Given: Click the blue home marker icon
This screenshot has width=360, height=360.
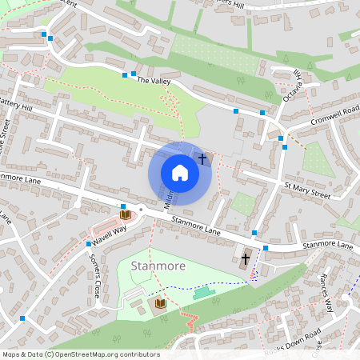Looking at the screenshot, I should [180, 173].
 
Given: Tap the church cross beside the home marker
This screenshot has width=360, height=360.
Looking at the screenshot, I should [202, 159].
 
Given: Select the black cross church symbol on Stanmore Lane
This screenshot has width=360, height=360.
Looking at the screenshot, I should [246, 258].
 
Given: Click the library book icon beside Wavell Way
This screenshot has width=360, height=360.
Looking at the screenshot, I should [125, 214].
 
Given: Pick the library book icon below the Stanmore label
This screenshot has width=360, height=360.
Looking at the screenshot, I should [160, 303].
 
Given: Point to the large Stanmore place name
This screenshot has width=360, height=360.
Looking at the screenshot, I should [158, 266].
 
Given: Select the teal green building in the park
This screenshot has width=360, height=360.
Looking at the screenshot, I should [204, 294].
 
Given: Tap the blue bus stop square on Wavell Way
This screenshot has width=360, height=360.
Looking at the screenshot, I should [88, 243].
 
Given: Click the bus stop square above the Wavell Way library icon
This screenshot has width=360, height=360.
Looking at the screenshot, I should [123, 206].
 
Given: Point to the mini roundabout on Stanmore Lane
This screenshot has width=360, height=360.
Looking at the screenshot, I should [141, 210].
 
